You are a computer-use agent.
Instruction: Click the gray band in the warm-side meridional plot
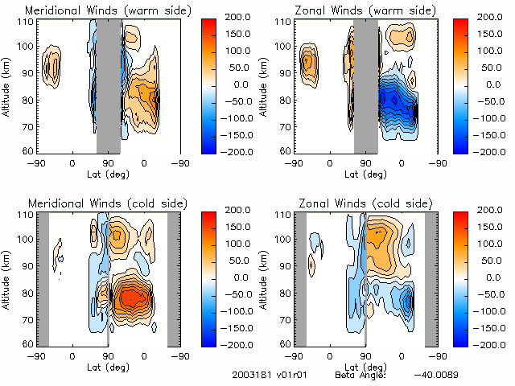tap(108, 85)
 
